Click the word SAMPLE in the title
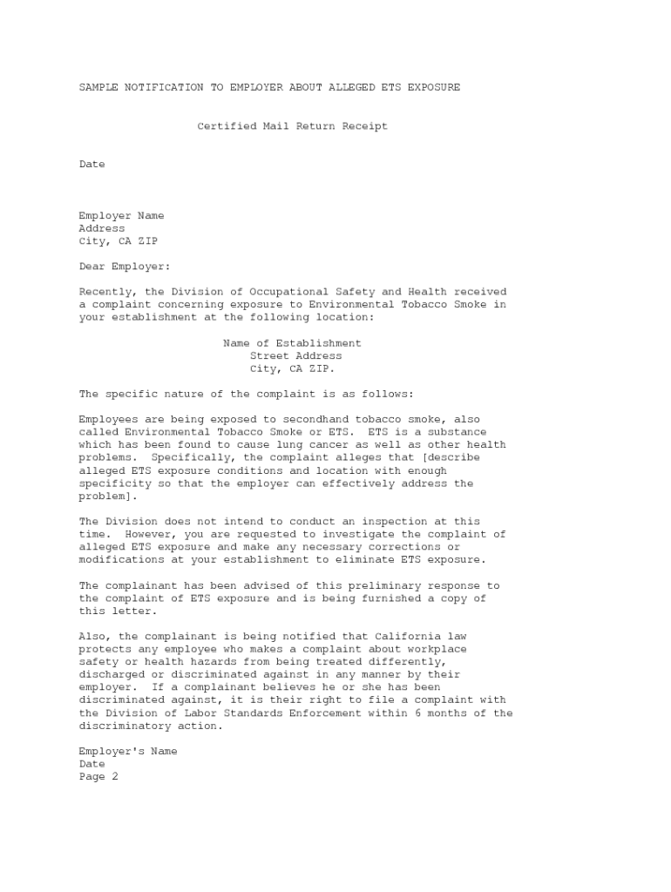98,87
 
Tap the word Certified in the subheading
227,126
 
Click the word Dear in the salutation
92,267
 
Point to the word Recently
105,292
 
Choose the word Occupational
286,292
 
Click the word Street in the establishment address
269,355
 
